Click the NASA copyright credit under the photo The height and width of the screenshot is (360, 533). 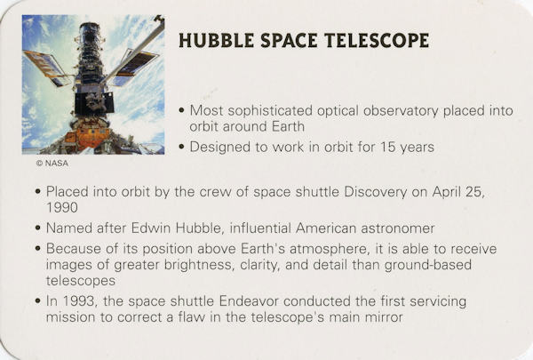(52, 164)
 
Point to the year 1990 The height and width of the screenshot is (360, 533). (62, 207)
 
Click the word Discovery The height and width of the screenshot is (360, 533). (375, 192)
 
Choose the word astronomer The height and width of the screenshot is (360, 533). (398, 228)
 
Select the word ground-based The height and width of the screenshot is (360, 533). (428, 265)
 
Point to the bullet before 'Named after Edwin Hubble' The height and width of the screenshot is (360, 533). (38, 228)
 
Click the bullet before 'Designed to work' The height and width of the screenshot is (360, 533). (182, 147)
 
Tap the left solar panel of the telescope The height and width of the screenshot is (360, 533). (45, 68)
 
